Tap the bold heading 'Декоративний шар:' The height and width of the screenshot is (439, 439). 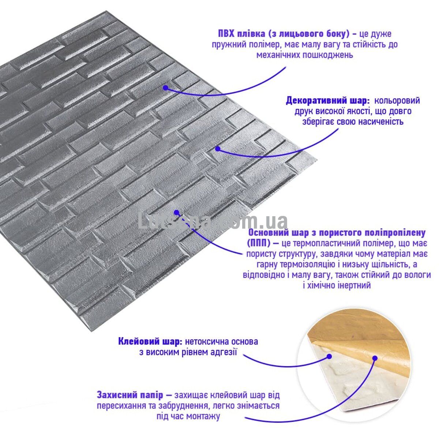pos(328,101)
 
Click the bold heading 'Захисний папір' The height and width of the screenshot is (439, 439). pos(130,395)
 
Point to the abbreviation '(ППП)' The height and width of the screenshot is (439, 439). pos(259,243)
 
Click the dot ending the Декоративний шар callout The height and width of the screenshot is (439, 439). pos(218,149)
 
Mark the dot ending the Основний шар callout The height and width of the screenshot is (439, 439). pos(176,212)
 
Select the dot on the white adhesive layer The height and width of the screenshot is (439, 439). pos(329,363)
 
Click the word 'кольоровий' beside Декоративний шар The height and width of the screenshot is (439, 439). pos(397,101)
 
